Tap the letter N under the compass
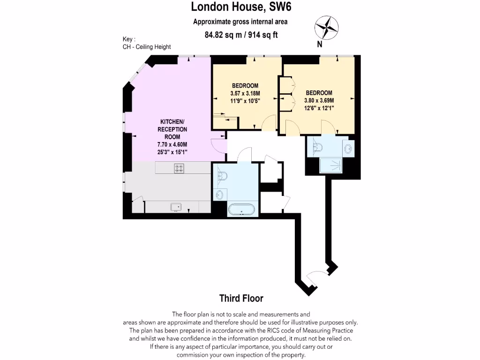point(320,45)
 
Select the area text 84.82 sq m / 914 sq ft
point(241,35)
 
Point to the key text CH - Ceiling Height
point(147,47)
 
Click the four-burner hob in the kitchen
point(179,168)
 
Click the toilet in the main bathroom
point(222,176)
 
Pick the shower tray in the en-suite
point(335,165)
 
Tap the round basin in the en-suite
point(348,149)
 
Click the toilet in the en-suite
point(318,147)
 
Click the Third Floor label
point(241,299)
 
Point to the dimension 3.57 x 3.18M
point(245,93)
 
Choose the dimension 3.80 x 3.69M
point(319,100)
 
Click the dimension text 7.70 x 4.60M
point(172,144)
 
